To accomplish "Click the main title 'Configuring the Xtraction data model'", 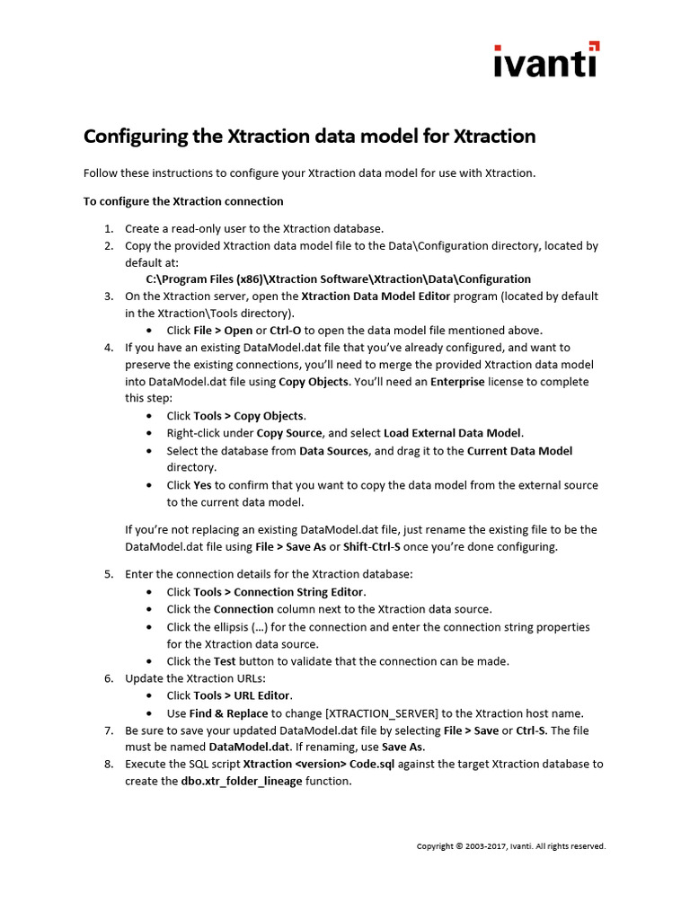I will point(309,137).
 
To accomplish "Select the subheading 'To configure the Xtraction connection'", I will point(183,201).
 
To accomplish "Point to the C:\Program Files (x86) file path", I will point(338,279).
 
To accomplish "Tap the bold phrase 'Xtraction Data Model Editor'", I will point(376,296).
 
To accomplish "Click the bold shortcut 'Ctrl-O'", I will point(286,330).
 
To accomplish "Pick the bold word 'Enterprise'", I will point(457,382).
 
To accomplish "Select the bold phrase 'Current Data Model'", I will point(519,450).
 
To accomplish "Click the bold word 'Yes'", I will point(202,485).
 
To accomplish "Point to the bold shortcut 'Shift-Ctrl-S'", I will point(372,546).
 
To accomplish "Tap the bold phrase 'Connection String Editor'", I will point(299,592).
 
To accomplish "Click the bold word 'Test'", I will point(225,661).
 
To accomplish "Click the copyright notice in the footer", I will point(510,846).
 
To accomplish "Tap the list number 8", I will point(109,764).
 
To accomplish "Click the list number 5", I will point(109,573).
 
